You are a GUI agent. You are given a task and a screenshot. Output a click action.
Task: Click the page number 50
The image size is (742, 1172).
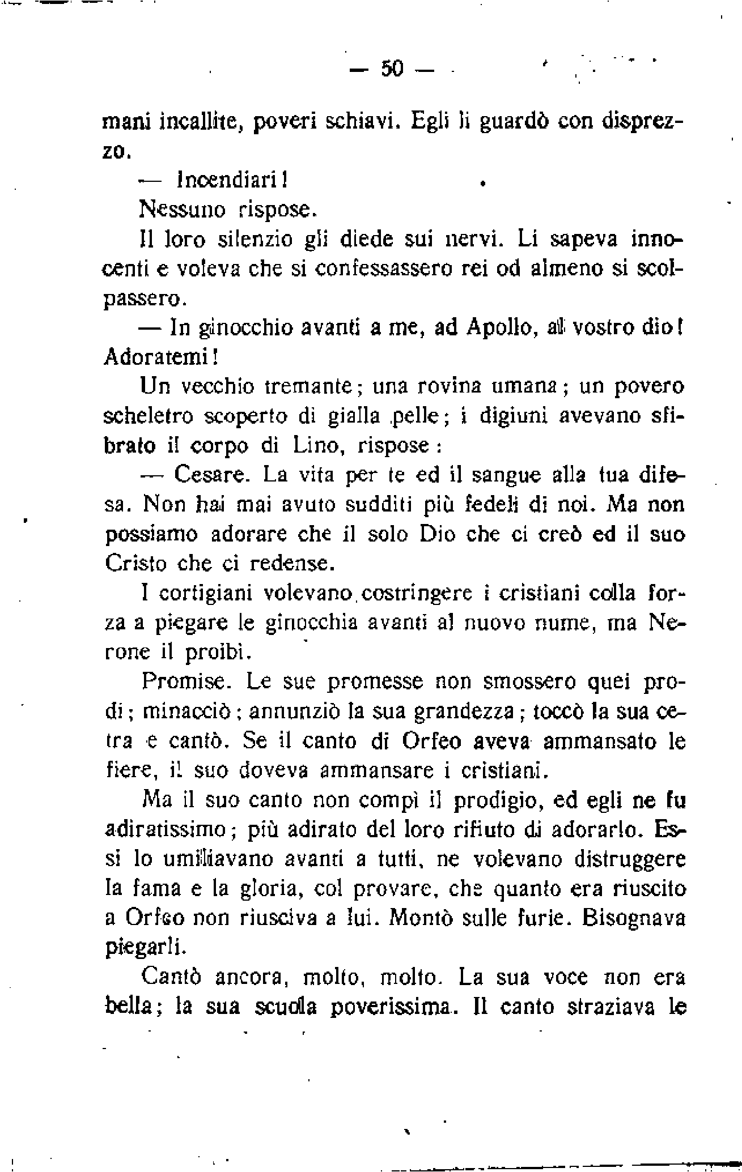[391, 69]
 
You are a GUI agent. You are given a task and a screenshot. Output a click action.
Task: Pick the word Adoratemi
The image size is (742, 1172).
[159, 358]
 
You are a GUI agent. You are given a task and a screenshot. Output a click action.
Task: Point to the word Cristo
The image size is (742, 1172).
[137, 563]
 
